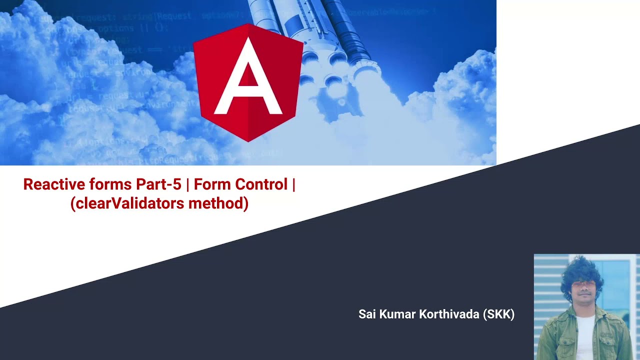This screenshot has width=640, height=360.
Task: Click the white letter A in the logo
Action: click(248, 80)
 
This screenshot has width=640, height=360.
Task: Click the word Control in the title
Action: click(261, 184)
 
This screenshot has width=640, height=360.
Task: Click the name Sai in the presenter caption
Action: click(367, 314)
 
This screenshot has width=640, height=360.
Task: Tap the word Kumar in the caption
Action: click(396, 314)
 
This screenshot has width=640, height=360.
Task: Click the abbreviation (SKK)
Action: click(499, 314)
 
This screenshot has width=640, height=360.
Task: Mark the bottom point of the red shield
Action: click(248, 141)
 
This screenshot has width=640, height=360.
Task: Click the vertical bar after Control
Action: click(293, 184)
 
